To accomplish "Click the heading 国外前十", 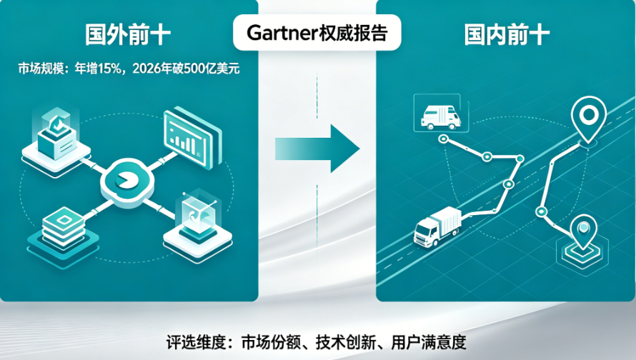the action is tap(128, 35).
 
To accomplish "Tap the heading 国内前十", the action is tap(507, 35).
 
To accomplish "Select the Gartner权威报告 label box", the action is tap(317, 32).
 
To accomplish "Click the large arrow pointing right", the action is tap(317, 149).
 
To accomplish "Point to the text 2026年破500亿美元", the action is tap(187, 69).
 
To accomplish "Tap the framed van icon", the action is tap(441, 113).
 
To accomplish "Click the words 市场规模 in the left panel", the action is tap(41, 69).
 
